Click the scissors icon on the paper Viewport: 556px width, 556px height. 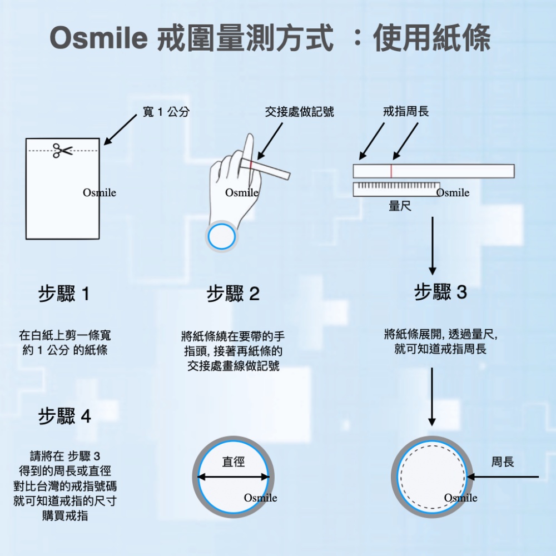[x=62, y=150]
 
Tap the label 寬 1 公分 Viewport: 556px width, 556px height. [x=166, y=112]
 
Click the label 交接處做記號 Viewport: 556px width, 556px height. [x=300, y=112]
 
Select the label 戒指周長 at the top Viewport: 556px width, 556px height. [x=406, y=112]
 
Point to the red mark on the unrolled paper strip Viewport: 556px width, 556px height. [x=391, y=171]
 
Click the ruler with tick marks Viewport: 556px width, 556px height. [x=396, y=189]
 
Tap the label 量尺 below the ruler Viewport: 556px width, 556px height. [x=400, y=206]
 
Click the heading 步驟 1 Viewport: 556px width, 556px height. [x=64, y=294]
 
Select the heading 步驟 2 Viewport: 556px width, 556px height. [x=234, y=294]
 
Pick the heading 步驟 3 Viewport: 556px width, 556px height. [x=441, y=292]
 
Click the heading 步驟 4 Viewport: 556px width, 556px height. [x=64, y=416]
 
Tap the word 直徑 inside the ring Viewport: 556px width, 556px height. [x=234, y=461]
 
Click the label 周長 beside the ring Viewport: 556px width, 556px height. [x=503, y=461]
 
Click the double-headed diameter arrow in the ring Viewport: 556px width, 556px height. [x=234, y=476]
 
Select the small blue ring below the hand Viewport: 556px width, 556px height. [x=222, y=237]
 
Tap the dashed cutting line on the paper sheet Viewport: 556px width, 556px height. [x=39, y=151]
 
